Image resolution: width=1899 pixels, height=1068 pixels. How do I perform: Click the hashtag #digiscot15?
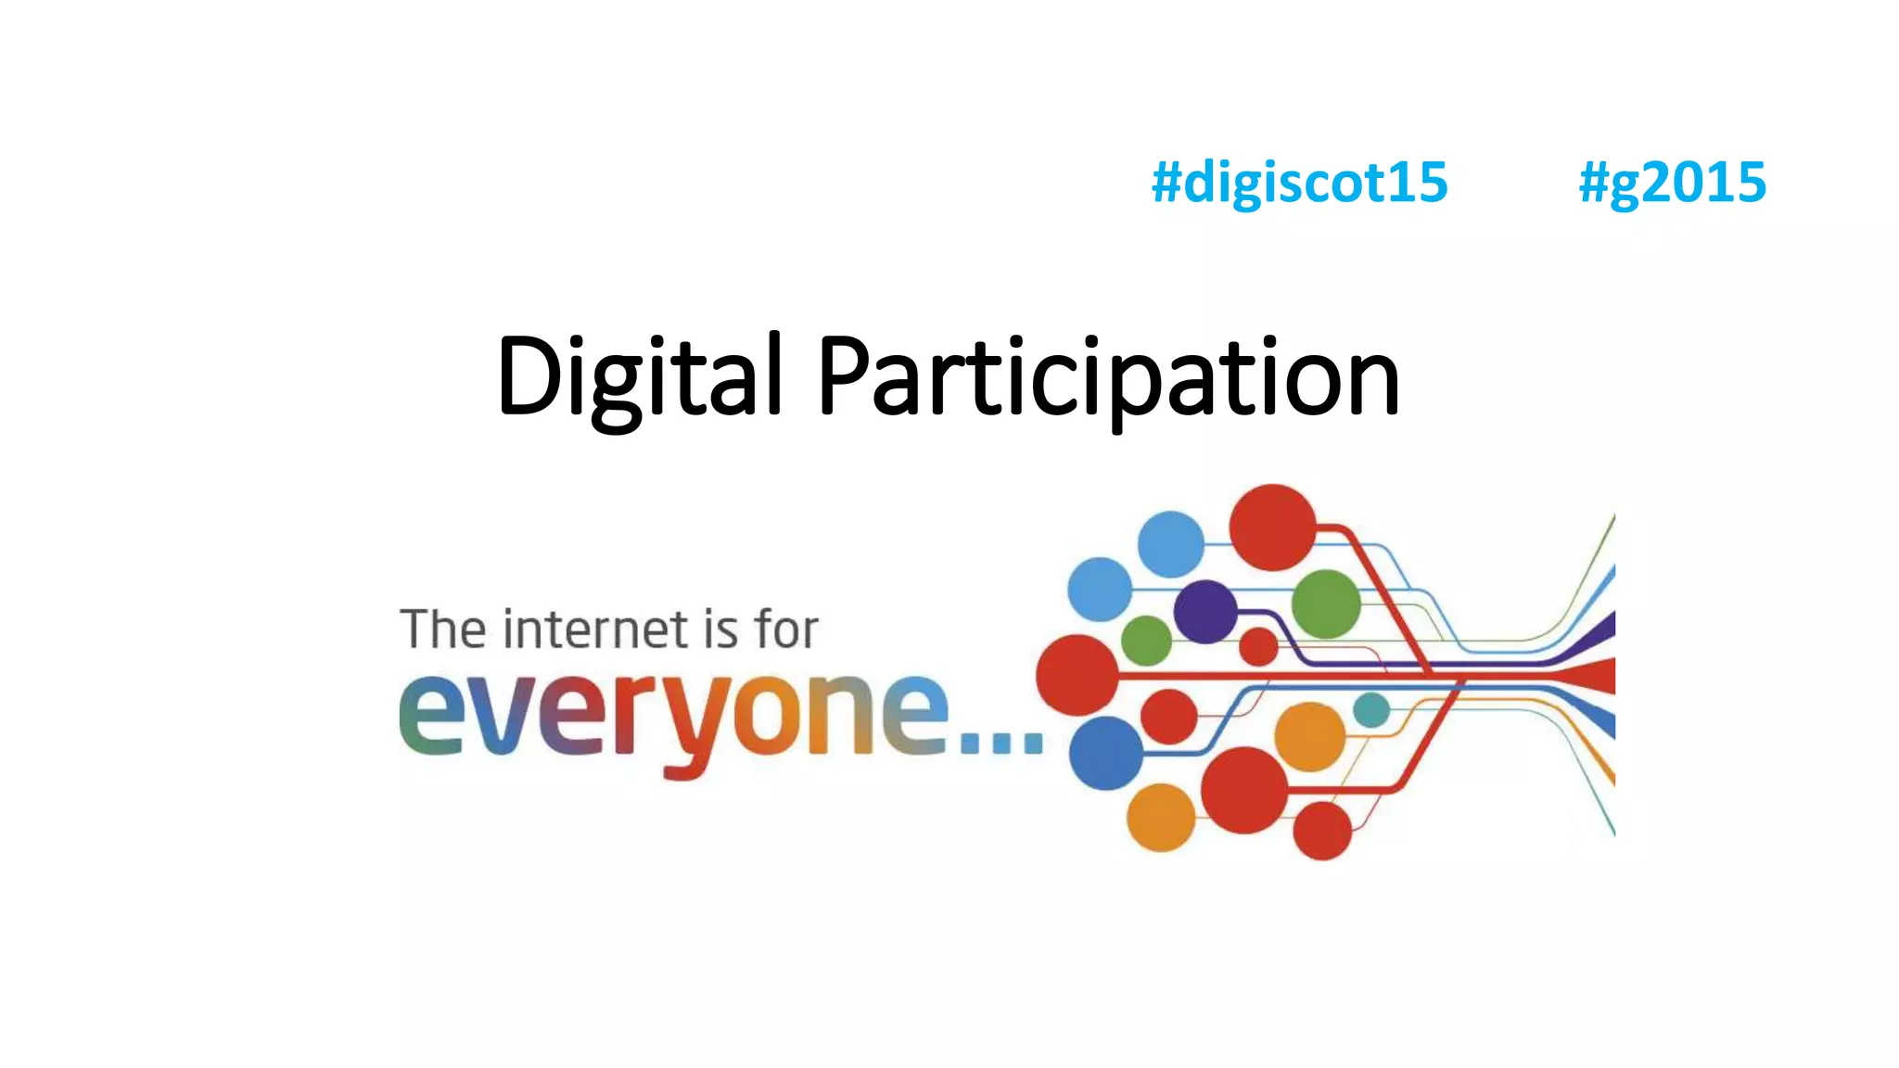tap(1299, 183)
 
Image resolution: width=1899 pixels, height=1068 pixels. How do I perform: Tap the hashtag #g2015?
tap(1672, 183)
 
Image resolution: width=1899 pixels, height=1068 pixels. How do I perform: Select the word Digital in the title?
tap(640, 376)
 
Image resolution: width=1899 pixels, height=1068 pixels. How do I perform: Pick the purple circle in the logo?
tap(1205, 611)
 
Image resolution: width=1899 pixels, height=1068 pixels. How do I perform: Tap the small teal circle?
tap(1371, 710)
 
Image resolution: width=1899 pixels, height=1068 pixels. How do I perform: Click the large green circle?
tap(1326, 604)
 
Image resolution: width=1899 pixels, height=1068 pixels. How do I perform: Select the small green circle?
tap(1146, 640)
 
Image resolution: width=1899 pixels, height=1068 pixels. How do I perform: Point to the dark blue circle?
tap(1106, 753)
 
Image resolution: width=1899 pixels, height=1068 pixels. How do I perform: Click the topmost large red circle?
tap(1272, 527)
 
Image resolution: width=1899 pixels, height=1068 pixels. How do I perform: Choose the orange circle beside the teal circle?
tap(1309, 737)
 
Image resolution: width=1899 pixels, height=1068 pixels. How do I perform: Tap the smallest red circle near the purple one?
tap(1258, 646)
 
